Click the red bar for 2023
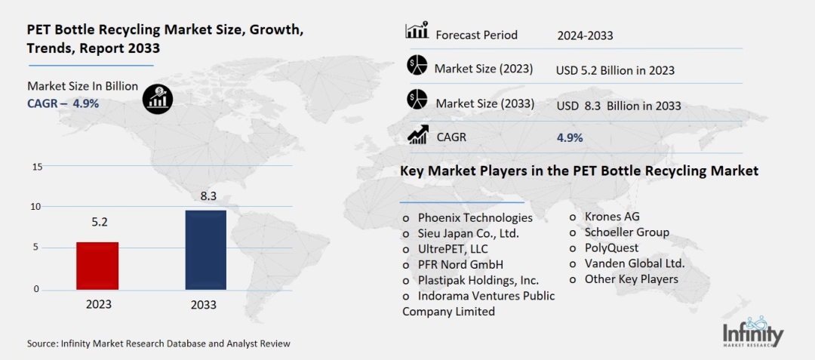click(x=97, y=266)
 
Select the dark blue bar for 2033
click(x=205, y=250)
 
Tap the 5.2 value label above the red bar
click(x=99, y=223)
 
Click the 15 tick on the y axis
click(x=37, y=166)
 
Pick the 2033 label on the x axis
click(x=204, y=305)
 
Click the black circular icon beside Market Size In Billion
click(x=158, y=98)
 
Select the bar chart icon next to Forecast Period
click(x=417, y=32)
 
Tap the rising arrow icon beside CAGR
click(x=418, y=135)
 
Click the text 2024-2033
click(x=585, y=35)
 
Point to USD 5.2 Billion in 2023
click(x=615, y=70)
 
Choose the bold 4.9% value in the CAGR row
click(x=569, y=138)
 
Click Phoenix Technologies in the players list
click(x=475, y=217)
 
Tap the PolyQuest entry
click(x=611, y=248)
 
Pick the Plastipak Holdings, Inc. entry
click(x=478, y=280)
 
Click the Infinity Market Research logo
click(x=752, y=332)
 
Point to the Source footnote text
click(x=158, y=343)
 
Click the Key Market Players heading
click(x=579, y=171)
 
